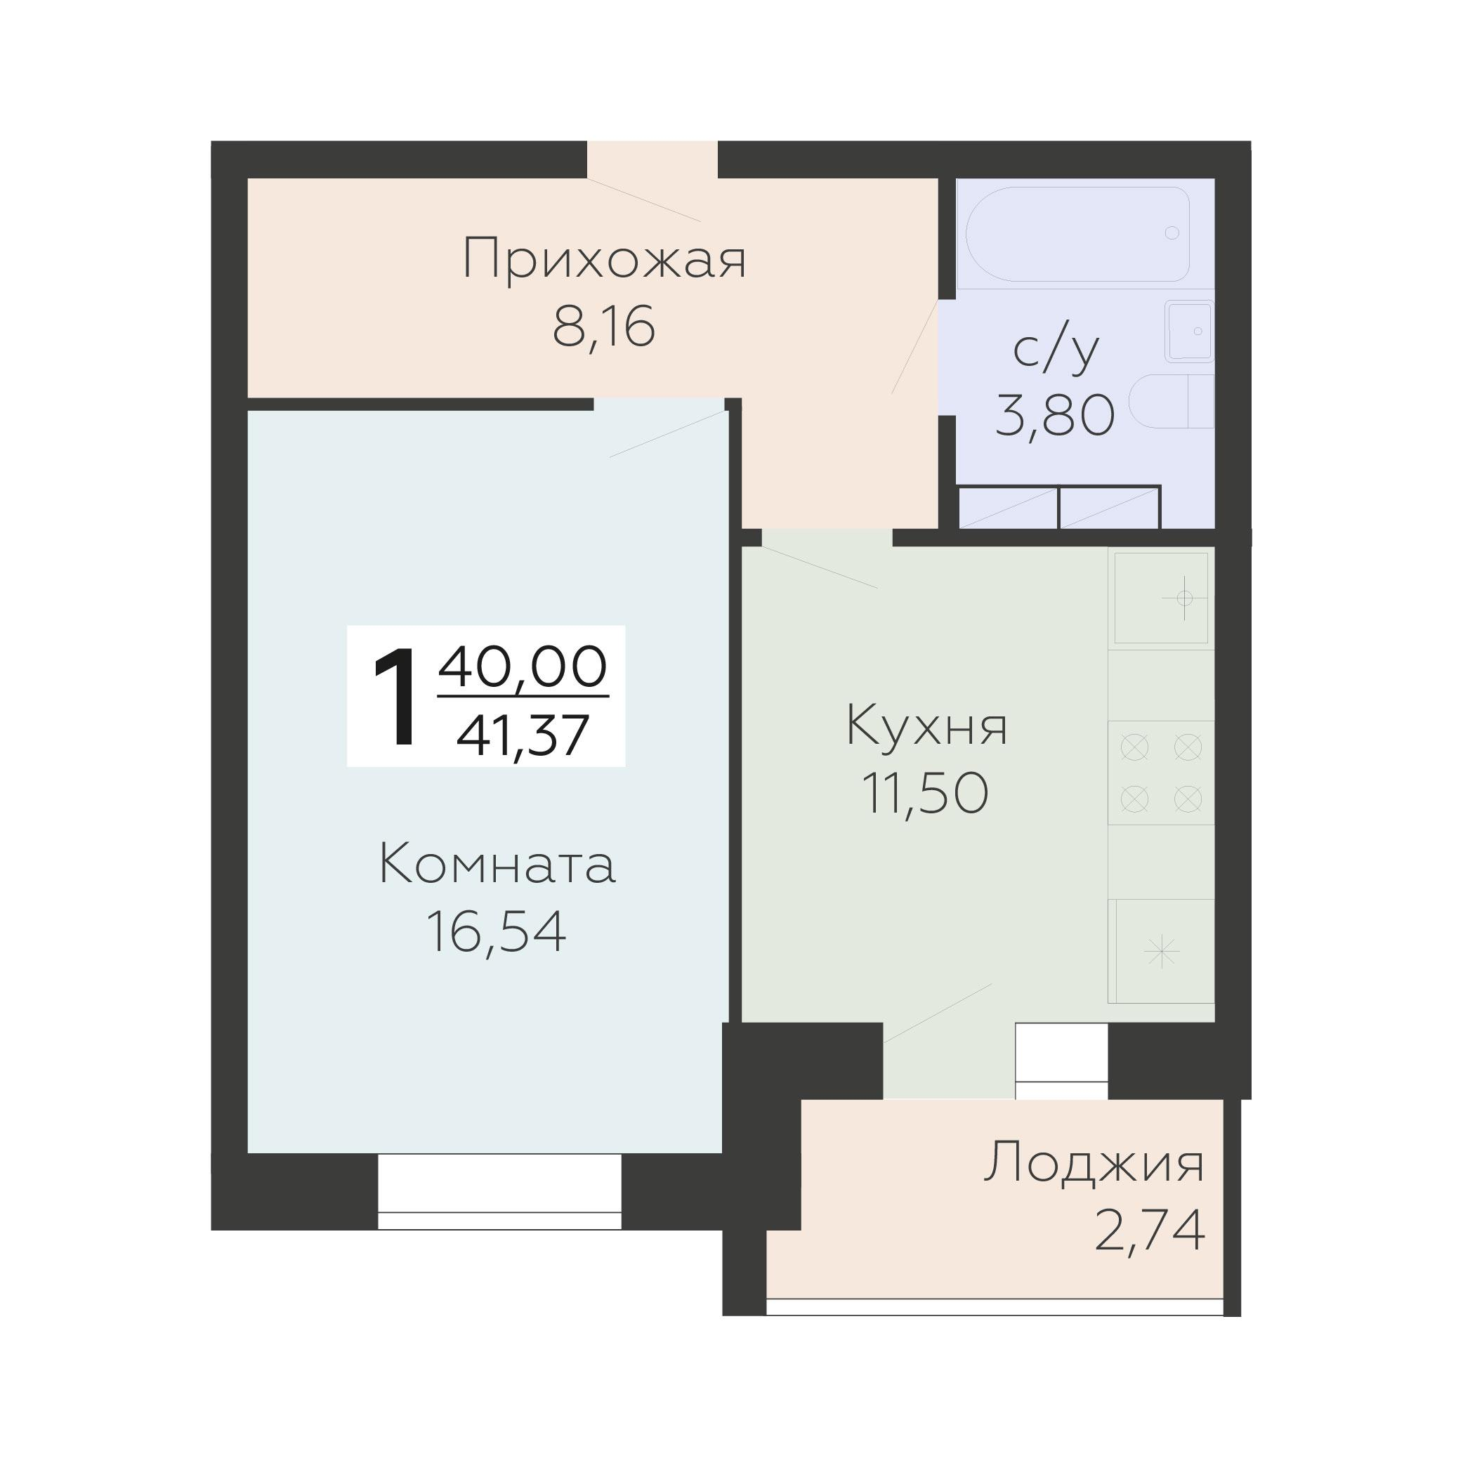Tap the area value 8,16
603,329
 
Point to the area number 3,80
1054,416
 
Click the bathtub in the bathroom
1076,234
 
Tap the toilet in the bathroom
1170,401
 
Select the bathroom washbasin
1189,331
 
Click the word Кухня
926,726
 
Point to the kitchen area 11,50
926,794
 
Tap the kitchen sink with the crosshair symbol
1160,598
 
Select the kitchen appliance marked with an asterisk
1162,950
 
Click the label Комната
497,865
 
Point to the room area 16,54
496,931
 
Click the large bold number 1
395,697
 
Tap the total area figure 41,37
523,735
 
